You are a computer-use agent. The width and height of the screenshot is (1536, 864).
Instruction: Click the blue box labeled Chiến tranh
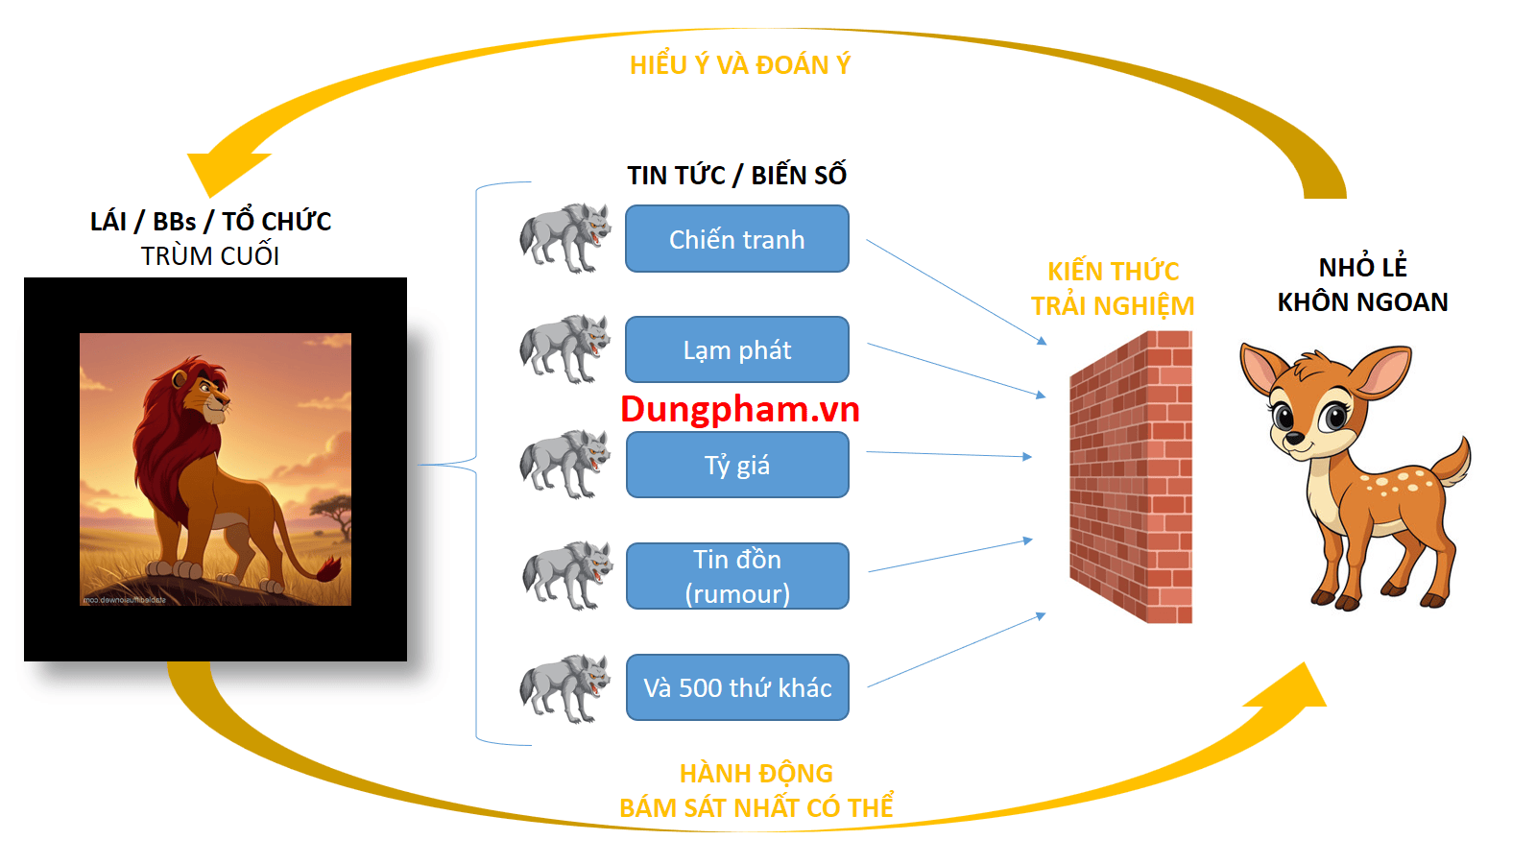click(x=736, y=239)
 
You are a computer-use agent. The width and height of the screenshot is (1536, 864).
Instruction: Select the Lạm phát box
click(x=736, y=349)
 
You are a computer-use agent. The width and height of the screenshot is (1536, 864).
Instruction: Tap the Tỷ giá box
click(x=736, y=465)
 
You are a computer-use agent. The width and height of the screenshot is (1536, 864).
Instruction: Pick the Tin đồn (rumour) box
click(x=736, y=576)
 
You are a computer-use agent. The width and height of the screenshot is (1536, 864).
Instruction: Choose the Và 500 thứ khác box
click(x=736, y=687)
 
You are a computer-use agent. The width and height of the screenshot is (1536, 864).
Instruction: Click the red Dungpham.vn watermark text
click(x=739, y=409)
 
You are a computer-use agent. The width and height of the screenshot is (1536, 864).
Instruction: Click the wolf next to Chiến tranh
click(x=565, y=237)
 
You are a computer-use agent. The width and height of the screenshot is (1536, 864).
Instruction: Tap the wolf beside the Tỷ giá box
click(x=565, y=464)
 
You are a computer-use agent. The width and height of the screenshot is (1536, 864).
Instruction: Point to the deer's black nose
click(x=1294, y=439)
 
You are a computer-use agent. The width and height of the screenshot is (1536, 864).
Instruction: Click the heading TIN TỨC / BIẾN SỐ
click(x=736, y=175)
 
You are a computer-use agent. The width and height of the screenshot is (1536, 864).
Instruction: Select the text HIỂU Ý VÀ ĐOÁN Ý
click(x=739, y=64)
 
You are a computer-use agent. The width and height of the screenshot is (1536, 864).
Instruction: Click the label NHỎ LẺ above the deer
click(x=1362, y=267)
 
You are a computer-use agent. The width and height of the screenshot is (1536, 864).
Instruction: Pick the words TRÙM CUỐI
click(x=210, y=256)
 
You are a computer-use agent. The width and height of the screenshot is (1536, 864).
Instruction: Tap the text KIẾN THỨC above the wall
click(x=1113, y=272)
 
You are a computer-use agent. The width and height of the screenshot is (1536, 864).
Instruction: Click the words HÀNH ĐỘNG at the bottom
click(x=756, y=773)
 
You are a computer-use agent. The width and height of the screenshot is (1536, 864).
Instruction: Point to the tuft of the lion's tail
click(x=328, y=568)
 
